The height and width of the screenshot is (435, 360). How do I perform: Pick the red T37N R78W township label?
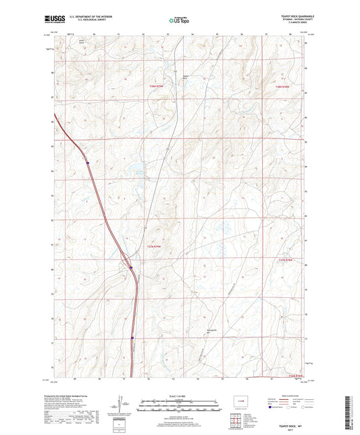288,259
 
